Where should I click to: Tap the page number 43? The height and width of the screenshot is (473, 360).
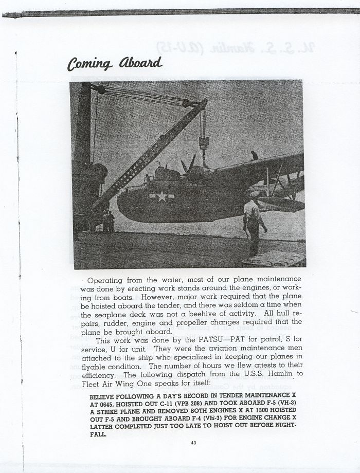tap(193, 443)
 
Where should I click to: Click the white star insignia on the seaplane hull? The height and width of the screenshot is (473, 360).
tap(161, 196)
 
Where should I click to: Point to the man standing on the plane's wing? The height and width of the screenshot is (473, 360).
tap(254, 155)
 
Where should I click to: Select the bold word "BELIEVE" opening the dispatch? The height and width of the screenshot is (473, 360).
tap(105, 397)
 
